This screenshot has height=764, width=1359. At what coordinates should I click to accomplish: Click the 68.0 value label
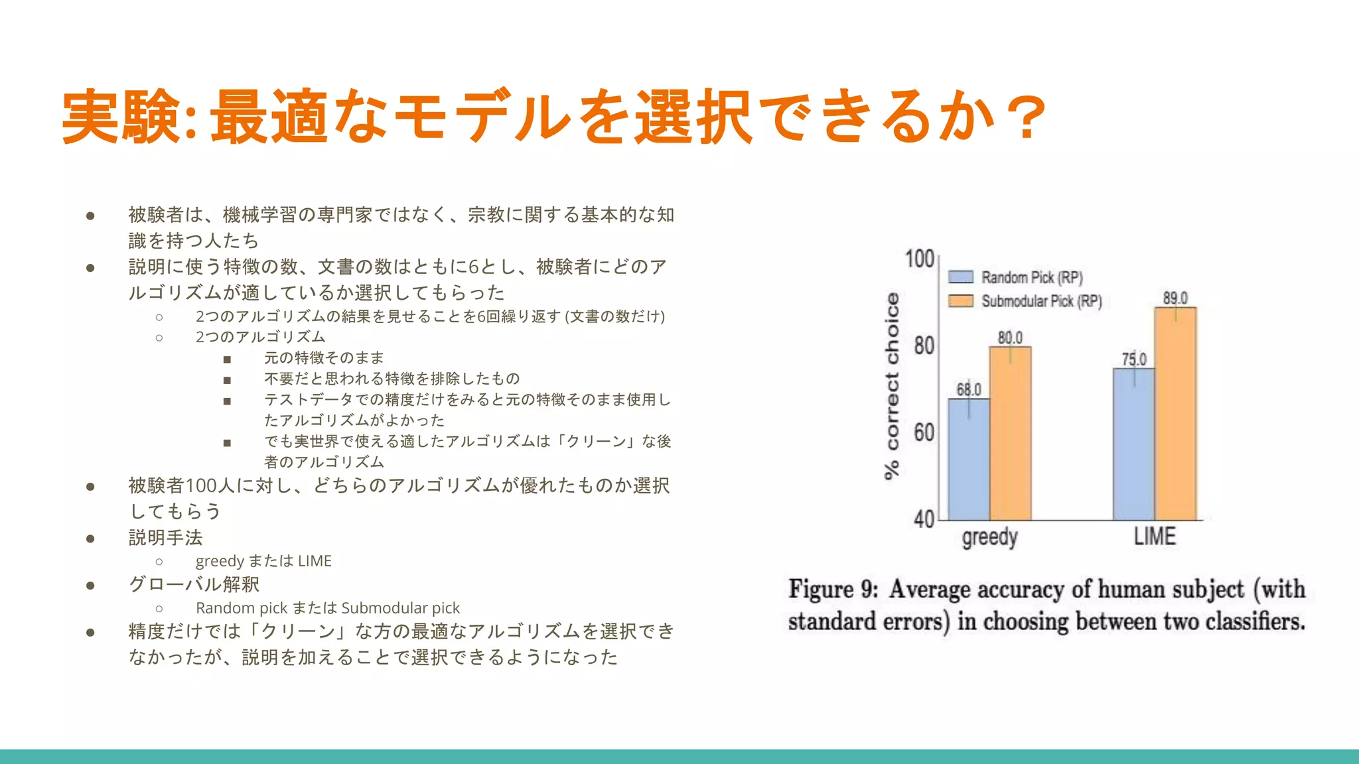tap(968, 389)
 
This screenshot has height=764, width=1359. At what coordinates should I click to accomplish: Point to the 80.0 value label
tap(1010, 338)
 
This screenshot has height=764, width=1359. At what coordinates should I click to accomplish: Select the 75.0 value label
tap(1134, 359)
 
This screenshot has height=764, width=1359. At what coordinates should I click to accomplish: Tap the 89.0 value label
tap(1175, 298)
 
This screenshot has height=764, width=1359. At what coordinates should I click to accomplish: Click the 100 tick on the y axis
tap(920, 259)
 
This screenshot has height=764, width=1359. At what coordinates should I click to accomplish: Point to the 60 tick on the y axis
tap(924, 432)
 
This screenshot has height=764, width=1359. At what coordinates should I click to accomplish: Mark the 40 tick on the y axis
tap(924, 519)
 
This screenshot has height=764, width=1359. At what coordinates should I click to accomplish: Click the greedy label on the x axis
tap(989, 537)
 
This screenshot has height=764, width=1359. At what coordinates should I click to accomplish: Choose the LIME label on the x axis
tap(1155, 536)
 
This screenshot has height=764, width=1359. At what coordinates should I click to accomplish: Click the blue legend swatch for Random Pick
tap(961, 277)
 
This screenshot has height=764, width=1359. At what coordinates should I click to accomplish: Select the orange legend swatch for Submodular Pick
tap(961, 301)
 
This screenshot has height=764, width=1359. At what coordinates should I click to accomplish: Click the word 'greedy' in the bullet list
tap(220, 561)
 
